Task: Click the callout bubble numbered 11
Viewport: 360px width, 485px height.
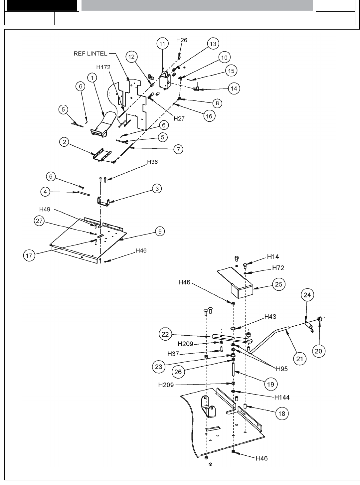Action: point(162,44)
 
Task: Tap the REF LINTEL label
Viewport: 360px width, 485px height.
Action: point(91,54)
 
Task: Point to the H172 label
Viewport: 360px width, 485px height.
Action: point(103,67)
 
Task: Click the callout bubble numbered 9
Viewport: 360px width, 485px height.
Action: point(160,231)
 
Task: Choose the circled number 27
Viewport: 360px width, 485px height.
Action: point(40,221)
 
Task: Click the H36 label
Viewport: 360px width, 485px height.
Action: point(152,162)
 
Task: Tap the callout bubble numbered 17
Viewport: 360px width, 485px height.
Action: point(29,255)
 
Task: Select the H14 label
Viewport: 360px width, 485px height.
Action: point(273,256)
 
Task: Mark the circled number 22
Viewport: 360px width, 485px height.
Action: point(165,334)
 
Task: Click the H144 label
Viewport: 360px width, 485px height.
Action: point(282,397)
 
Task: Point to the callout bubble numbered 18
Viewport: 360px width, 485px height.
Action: point(282,413)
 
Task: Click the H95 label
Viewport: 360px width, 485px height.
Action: point(282,369)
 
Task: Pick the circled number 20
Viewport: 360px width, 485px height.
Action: point(319,351)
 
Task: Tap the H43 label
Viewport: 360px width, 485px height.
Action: point(270,317)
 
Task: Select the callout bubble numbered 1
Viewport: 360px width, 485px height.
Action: point(92,78)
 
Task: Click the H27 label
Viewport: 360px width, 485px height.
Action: point(179,118)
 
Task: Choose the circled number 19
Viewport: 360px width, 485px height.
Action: point(271,384)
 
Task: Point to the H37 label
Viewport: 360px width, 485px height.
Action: point(173,354)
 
